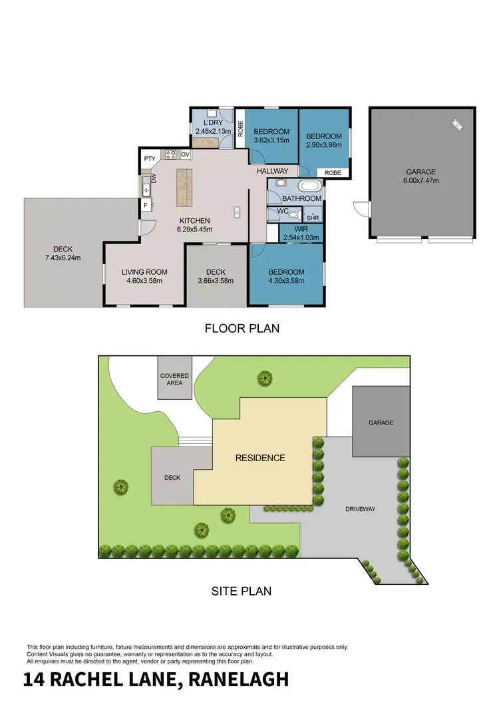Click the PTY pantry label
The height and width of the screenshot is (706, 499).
(150, 158)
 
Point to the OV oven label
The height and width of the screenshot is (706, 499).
(186, 154)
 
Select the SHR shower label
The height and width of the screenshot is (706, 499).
(312, 217)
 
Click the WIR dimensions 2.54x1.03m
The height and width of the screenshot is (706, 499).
(301, 237)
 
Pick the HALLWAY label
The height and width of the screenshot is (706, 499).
(273, 171)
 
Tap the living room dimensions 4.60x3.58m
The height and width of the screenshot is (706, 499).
(144, 280)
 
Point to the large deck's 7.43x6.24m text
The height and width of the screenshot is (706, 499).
(63, 258)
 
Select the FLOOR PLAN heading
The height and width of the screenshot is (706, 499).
(242, 328)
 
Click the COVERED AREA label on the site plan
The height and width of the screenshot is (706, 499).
(174, 379)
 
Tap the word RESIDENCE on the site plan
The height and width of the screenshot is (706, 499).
(260, 458)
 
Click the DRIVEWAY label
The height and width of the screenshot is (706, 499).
(361, 509)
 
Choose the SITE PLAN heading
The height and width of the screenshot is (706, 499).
(242, 590)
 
